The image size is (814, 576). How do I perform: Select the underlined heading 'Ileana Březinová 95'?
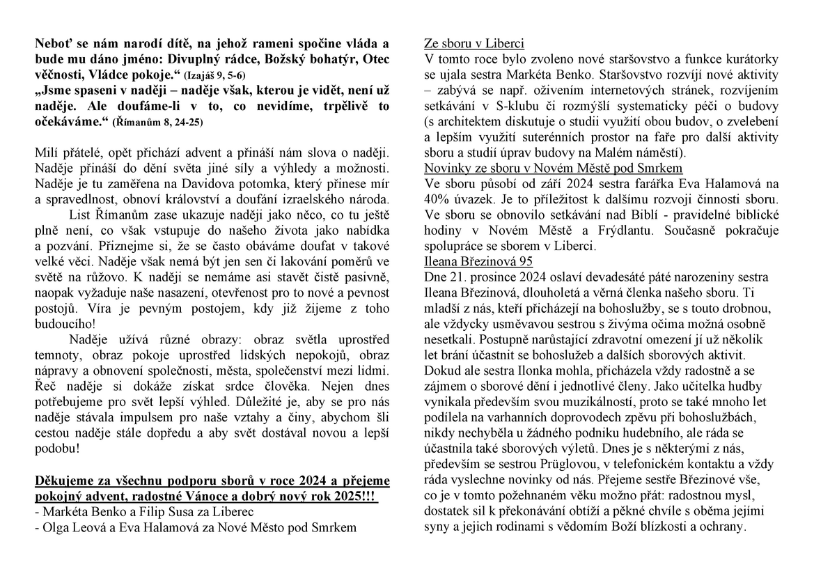pyautogui.click(x=478, y=262)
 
